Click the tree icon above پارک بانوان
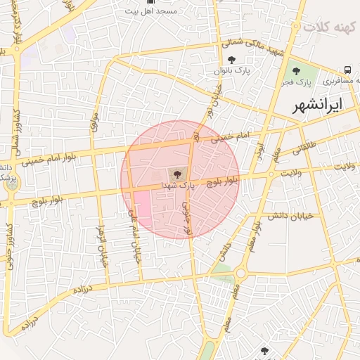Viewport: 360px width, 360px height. [232, 60]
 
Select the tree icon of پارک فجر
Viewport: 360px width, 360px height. [296, 70]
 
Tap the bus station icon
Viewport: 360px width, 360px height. [347, 70]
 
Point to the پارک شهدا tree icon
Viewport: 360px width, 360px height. [176, 173]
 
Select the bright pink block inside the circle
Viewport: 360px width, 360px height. [141, 207]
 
